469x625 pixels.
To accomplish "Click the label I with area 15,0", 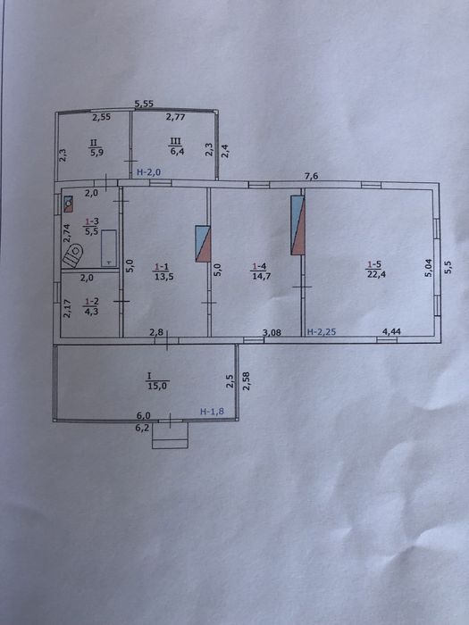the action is [157, 380].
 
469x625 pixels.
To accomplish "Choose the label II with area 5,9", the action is [96, 146].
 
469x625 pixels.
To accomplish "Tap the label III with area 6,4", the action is [175, 146].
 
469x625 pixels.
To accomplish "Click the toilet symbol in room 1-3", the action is [73, 256].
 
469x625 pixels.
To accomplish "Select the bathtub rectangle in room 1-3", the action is [109, 248].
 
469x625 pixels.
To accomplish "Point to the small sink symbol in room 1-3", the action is [68, 204].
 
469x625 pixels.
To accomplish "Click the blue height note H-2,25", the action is [322, 331].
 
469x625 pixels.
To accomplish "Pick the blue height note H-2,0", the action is [148, 172].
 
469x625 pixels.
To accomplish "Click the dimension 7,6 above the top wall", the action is [312, 176].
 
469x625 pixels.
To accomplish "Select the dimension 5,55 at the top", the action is [144, 104].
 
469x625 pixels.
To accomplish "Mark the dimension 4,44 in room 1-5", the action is [392, 331].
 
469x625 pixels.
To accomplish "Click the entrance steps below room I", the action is [170, 436].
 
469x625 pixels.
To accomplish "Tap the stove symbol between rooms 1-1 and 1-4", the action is [203, 244].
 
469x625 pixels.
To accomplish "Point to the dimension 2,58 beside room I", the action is [246, 380].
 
